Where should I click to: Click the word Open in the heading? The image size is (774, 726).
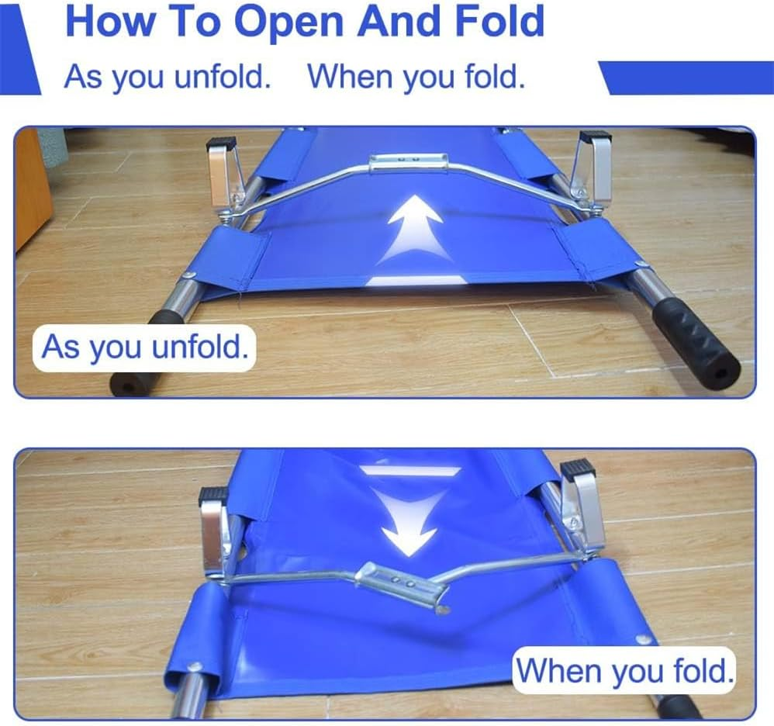(289, 22)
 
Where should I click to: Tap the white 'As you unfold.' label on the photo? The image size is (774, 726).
(146, 346)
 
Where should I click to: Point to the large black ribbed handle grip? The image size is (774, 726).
(695, 342)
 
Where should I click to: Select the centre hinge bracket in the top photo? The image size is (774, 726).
(408, 162)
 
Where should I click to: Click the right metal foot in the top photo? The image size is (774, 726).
(592, 166)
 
